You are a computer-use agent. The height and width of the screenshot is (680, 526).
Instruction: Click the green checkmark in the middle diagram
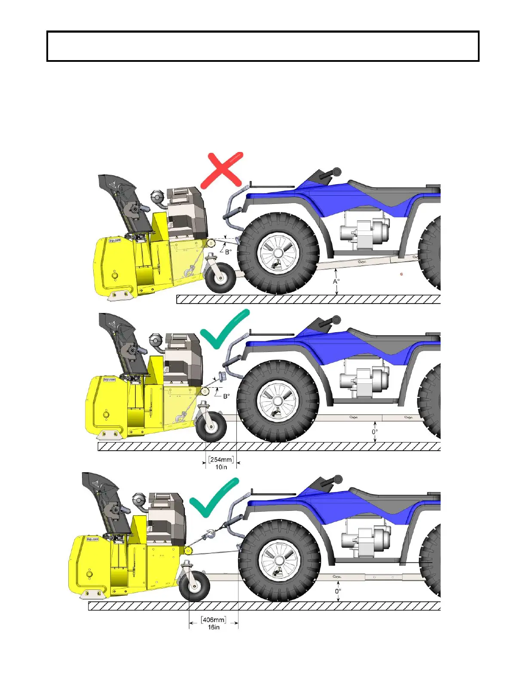click(224, 330)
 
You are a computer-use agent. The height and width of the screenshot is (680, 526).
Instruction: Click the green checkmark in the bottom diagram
click(214, 498)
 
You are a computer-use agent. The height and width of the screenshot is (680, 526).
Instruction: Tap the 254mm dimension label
click(221, 460)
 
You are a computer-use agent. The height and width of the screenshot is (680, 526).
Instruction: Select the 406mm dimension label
click(214, 620)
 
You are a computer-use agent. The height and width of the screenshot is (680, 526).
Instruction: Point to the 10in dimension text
click(221, 467)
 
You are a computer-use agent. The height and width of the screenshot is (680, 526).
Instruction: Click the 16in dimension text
click(214, 627)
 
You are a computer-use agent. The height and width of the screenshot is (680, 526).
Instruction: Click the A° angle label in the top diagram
click(336, 282)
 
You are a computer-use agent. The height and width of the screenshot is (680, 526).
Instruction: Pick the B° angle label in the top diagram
click(228, 252)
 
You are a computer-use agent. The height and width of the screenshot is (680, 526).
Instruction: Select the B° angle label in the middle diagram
click(226, 396)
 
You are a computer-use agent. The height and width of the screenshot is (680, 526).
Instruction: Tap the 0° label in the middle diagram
click(375, 432)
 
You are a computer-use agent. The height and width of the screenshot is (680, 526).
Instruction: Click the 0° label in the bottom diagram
click(338, 591)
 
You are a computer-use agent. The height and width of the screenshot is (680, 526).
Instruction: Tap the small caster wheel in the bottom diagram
click(194, 586)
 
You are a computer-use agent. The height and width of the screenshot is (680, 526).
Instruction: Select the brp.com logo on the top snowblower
click(115, 241)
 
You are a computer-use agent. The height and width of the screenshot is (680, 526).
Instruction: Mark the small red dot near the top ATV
click(401, 274)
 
